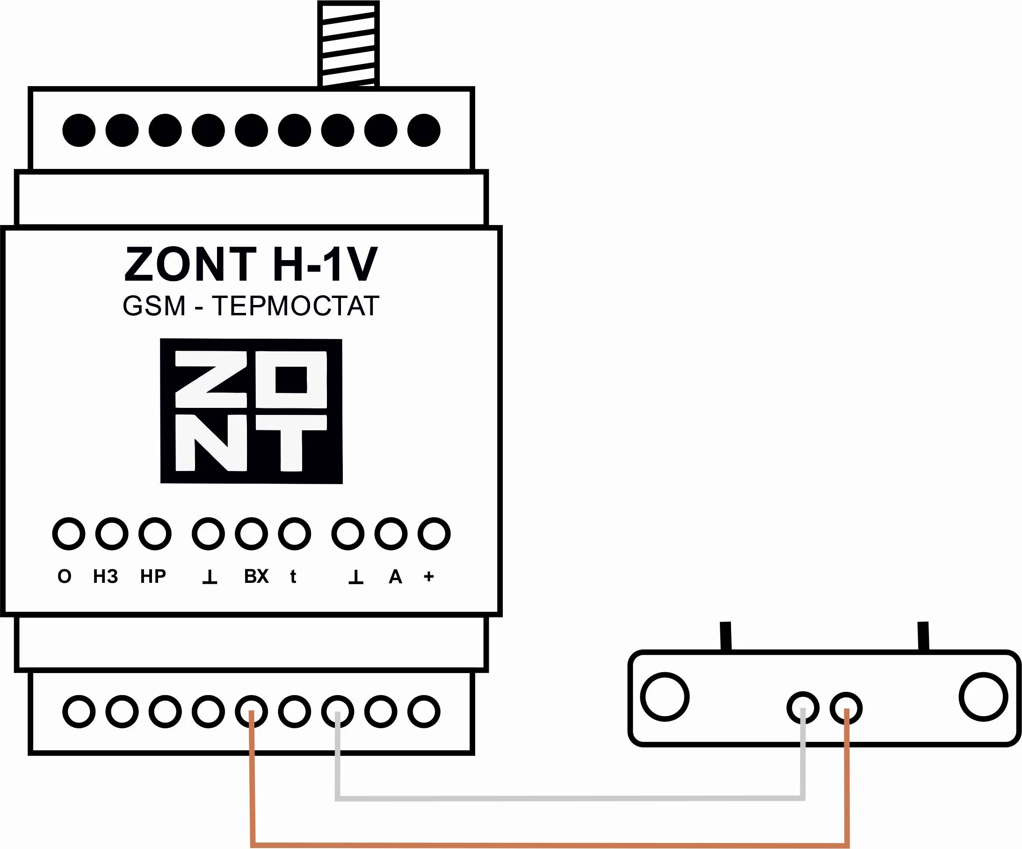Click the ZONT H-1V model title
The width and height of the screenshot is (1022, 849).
pos(251,264)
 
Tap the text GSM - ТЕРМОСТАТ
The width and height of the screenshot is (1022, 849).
pos(251,306)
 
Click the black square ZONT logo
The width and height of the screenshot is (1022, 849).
pos(251,411)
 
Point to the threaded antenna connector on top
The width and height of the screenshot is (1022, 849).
pos(348,44)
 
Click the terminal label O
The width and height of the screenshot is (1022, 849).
pos(64,576)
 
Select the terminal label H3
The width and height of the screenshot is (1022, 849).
pos(106,576)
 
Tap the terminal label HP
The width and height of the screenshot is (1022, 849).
pos(153,576)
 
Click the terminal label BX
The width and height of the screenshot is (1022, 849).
pos(256,576)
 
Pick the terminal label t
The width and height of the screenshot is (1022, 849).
pos(293,576)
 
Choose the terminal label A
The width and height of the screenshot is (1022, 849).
pos(395,576)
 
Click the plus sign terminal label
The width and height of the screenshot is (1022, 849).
pos(429,576)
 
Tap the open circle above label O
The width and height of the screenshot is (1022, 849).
pos(69,534)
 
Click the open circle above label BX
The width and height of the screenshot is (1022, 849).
pos(251,534)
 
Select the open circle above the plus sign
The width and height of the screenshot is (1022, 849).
pos(434,534)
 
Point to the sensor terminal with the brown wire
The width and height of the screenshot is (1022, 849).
pos(846,708)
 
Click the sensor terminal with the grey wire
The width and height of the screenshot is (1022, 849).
pos(803,708)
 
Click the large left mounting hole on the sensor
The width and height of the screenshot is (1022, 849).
pos(665,697)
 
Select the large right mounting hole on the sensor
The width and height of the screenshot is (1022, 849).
pos(983,697)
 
